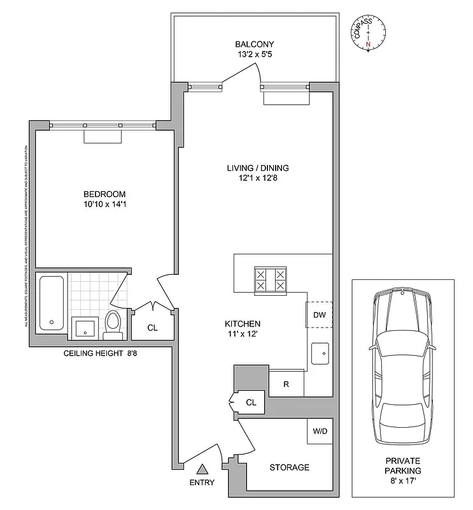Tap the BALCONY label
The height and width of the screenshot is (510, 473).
coord(255,44)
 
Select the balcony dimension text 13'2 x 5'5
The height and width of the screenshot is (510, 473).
coord(255,54)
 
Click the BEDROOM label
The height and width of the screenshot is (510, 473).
coord(104,194)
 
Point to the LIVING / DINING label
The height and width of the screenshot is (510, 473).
coord(258,168)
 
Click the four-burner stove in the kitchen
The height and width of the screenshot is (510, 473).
coord(271,280)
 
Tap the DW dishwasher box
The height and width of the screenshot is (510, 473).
coord(319,314)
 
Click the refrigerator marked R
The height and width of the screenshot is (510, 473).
coord(286,384)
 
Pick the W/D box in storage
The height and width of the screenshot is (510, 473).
coord(319,431)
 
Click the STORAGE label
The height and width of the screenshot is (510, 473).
coord(289,467)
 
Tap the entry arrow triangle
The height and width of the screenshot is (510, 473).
coord(202,469)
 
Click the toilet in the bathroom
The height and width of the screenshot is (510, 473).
coord(113,323)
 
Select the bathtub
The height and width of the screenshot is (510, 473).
coord(52,302)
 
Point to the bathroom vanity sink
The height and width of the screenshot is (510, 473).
coord(84,328)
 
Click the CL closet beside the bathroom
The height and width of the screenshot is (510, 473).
coord(152,327)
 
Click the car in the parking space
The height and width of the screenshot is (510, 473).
coord(402,368)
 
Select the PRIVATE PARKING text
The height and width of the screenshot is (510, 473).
coord(403,465)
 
